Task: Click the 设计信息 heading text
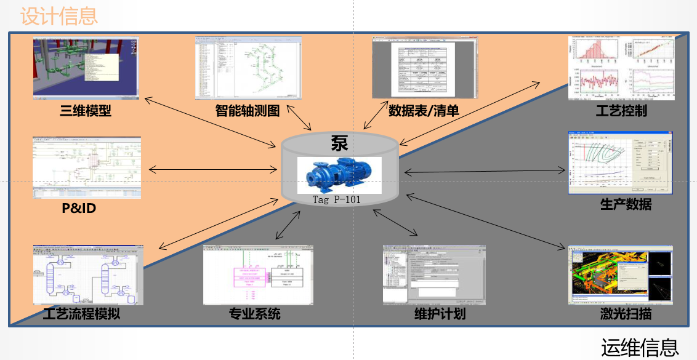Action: click(x=59, y=15)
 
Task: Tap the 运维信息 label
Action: click(x=640, y=348)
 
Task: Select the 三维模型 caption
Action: click(x=85, y=111)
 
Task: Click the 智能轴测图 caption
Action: click(x=248, y=111)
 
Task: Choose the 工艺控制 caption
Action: click(x=621, y=111)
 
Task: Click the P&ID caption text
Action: click(x=79, y=209)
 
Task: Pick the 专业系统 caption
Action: click(x=254, y=314)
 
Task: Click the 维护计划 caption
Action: click(x=440, y=314)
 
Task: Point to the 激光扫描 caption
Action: click(x=626, y=315)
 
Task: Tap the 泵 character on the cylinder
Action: click(x=339, y=143)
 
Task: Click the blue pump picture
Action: click(x=339, y=175)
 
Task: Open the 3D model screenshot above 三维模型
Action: click(x=86, y=68)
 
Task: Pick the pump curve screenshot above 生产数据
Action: click(x=620, y=163)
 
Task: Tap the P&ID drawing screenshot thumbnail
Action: click(x=86, y=167)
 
